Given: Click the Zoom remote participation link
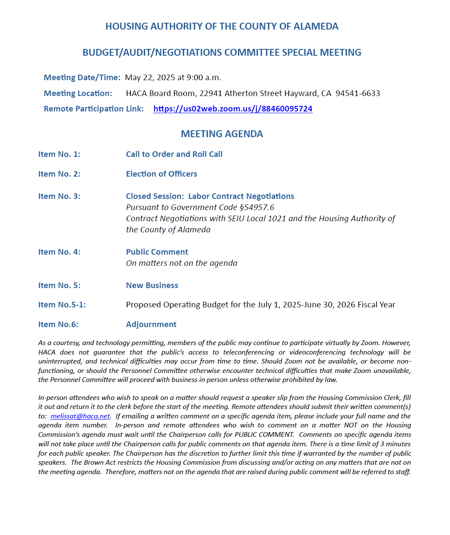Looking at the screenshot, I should [233, 109].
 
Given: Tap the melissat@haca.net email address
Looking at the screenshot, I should [80, 416].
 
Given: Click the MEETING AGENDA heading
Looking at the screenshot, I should [222, 134].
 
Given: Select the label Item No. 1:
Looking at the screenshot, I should [59, 154].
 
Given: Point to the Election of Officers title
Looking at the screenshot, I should [161, 174].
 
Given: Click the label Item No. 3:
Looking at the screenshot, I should [59, 196].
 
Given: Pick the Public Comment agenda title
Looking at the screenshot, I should [157, 252].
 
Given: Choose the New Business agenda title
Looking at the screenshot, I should [152, 286].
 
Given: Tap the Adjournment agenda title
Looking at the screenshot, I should [151, 325].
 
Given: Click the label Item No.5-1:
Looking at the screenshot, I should [62, 305].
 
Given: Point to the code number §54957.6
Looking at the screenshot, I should [257, 207].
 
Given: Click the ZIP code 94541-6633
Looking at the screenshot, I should [358, 93].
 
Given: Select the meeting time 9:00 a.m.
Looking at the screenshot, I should [204, 78].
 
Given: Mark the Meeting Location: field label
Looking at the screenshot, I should [78, 93].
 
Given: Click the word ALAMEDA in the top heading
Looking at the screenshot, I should [316, 27].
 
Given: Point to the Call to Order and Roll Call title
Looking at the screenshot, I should [174, 154].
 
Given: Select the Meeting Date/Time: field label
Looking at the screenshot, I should [82, 78].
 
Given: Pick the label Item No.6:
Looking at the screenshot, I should [58, 325].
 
